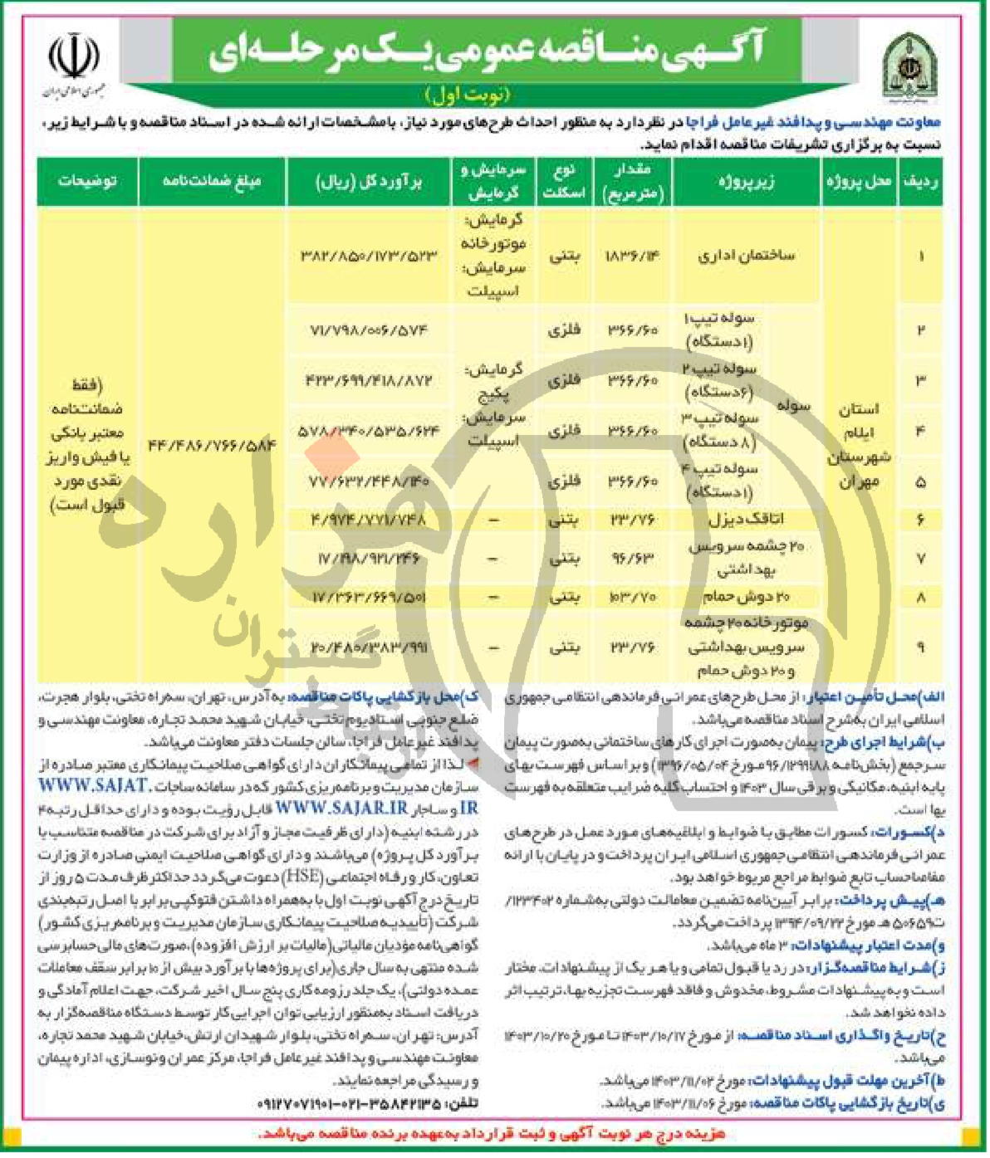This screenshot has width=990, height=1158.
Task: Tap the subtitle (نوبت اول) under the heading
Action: [x=468, y=94]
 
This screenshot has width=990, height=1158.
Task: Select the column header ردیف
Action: [x=920, y=182]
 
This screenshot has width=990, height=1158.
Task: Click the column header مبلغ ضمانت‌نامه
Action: [x=212, y=182]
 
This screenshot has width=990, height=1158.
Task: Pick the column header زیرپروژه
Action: [x=746, y=182]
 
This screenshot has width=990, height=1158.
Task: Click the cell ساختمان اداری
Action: [x=746, y=255]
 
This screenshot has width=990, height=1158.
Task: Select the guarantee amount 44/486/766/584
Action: [x=212, y=446]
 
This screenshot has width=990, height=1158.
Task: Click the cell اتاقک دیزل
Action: [x=746, y=520]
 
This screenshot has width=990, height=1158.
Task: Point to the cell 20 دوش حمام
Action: [x=746, y=597]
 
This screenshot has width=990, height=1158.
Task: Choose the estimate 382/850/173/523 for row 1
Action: [x=368, y=255]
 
